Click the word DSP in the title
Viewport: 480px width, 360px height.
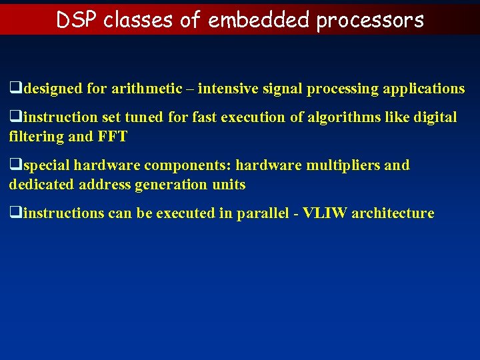77,20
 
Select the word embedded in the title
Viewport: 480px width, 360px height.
259,20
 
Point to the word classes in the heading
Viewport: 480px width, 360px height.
139,20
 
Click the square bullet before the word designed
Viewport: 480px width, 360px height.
13,88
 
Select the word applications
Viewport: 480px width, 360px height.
423,88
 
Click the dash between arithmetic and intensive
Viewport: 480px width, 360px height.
190,88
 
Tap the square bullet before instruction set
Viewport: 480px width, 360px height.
13,117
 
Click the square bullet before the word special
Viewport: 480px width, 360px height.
13,165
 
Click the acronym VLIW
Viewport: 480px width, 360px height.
325,213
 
